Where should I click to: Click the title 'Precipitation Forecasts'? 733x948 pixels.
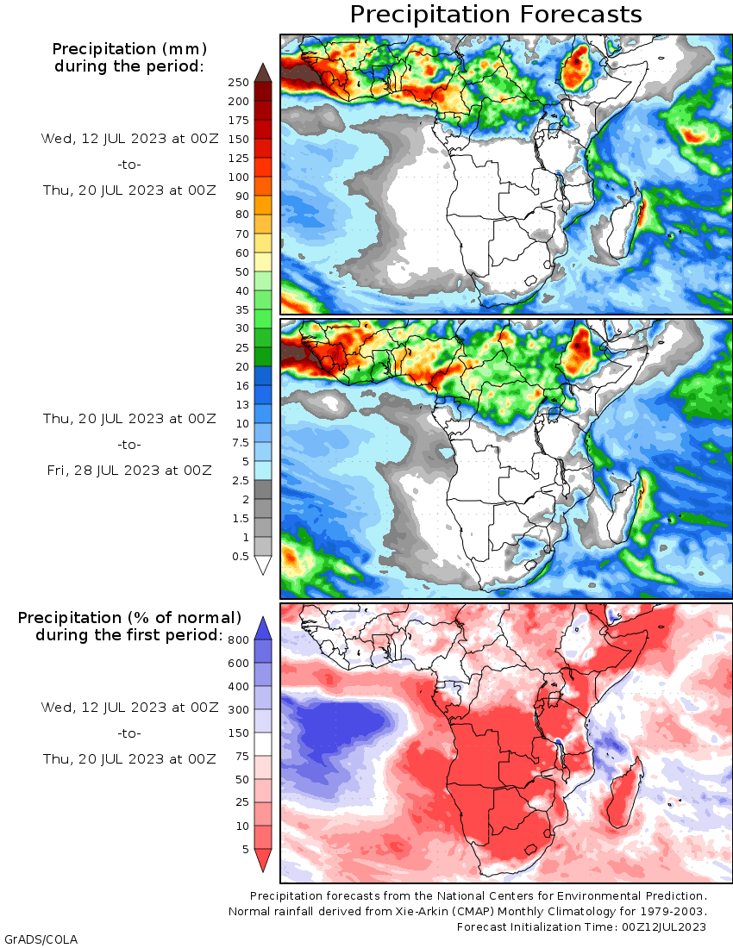coord(496,15)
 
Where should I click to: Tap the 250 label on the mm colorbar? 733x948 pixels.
coord(239,83)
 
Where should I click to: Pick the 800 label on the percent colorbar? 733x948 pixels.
coord(239,640)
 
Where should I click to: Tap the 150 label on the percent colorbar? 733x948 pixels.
coord(239,733)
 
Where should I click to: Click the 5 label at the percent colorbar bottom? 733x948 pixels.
coord(245,850)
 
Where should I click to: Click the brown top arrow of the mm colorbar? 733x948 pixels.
coord(263,72)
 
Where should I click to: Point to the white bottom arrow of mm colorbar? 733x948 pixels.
coord(263,564)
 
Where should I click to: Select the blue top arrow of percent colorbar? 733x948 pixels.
coord(263,628)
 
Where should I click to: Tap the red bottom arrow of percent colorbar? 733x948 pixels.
coord(263,859)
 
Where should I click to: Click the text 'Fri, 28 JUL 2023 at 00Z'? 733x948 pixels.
coord(129,471)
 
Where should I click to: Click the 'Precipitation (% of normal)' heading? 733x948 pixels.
coord(129,618)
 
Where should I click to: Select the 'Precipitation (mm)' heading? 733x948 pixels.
coord(129,48)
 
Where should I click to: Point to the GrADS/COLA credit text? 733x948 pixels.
coord(34,939)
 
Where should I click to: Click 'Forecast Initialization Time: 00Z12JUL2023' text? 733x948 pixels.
coord(581,926)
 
